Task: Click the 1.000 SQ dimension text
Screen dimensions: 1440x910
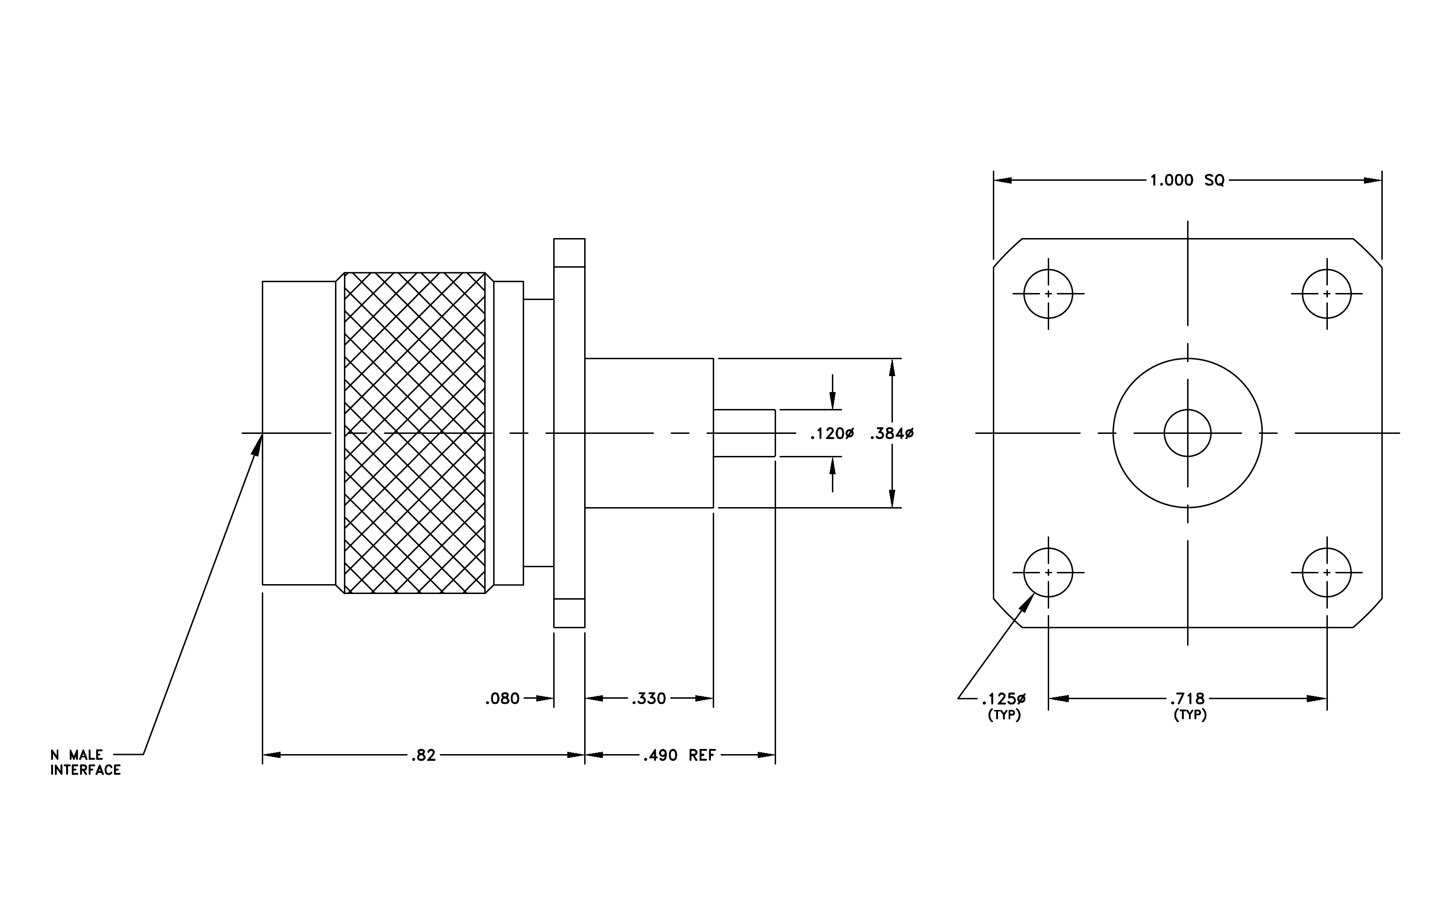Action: tap(1187, 180)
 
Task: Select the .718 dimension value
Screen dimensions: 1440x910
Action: tap(1188, 698)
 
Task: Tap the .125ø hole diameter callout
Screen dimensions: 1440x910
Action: tap(1004, 698)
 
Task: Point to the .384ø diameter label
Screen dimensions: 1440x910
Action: tap(891, 434)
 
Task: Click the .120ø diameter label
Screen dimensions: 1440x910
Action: tap(832, 434)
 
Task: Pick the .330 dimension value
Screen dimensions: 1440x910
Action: tap(649, 698)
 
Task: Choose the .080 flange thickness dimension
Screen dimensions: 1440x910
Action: tap(503, 698)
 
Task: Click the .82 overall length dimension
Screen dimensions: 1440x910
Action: tap(423, 755)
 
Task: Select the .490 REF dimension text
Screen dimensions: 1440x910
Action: tap(679, 755)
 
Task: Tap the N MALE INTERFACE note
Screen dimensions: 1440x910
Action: tap(85, 762)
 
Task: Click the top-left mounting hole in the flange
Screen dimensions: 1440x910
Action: tap(1048, 294)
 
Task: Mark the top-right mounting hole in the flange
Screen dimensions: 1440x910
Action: tap(1327, 294)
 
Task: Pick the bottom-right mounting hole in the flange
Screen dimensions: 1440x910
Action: tap(1327, 572)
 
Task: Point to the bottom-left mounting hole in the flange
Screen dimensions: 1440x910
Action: tap(1048, 572)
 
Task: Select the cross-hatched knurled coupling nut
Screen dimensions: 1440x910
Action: tap(415, 433)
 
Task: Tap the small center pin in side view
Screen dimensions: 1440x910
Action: tap(745, 433)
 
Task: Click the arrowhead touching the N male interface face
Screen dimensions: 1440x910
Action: tap(258, 445)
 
